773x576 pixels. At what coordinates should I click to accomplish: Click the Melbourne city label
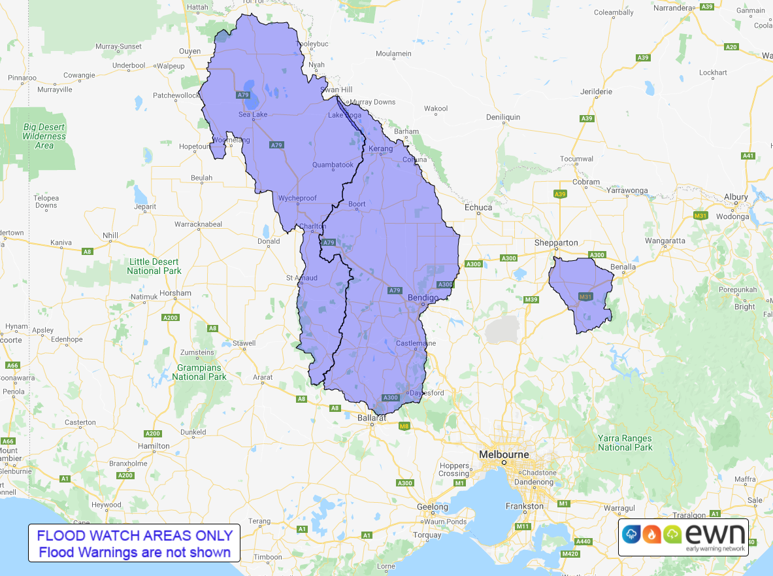click(504, 454)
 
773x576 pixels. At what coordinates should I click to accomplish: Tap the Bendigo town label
click(423, 298)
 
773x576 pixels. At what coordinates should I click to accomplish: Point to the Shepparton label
click(555, 243)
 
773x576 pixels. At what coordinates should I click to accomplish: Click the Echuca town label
click(478, 207)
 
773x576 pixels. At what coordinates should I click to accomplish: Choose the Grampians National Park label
click(199, 373)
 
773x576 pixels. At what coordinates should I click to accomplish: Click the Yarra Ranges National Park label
click(625, 443)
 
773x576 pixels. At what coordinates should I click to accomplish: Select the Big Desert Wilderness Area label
click(44, 136)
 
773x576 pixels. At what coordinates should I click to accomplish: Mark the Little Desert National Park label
click(154, 266)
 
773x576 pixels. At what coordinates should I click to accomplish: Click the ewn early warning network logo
click(683, 537)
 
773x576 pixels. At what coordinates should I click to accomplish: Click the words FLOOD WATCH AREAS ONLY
click(135, 535)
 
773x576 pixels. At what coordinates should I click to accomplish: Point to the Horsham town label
click(175, 293)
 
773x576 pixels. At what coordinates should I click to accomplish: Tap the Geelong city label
click(433, 507)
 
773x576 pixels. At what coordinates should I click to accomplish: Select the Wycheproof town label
click(298, 198)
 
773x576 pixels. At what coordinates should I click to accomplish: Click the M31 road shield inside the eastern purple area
click(585, 297)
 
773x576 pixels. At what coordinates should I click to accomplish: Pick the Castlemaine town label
click(415, 343)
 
